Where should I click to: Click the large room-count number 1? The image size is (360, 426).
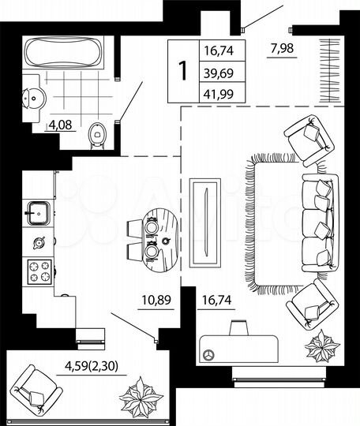183,72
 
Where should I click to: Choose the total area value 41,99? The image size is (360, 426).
220,92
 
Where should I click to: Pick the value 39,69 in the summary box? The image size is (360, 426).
220,73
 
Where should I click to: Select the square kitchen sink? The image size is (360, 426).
39,211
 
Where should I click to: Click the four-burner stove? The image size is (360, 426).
40,271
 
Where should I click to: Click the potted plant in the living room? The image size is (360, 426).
323,345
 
